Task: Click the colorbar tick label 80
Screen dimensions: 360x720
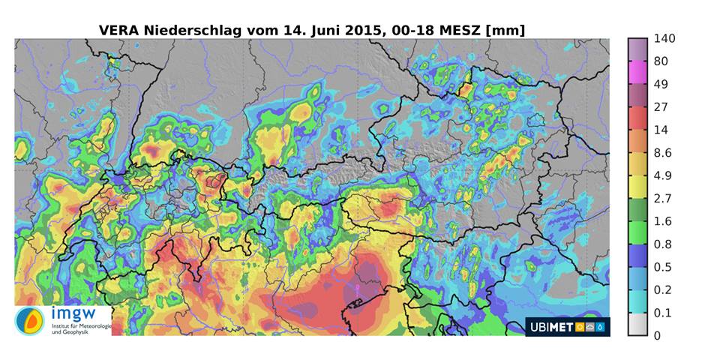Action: coord(661,61)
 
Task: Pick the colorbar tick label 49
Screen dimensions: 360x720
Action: coord(661,84)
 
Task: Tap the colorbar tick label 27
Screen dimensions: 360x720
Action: coord(661,106)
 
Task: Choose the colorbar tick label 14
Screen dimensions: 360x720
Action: coord(661,130)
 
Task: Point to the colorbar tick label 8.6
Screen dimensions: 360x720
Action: coord(663,152)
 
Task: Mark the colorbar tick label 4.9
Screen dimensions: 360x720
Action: coord(663,175)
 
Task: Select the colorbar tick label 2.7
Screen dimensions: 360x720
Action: coord(663,198)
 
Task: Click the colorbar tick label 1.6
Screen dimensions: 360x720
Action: coord(663,221)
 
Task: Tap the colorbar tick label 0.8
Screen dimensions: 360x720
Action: coord(663,244)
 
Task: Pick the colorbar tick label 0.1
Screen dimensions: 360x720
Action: coord(663,313)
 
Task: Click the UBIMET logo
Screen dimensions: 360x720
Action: coord(567,326)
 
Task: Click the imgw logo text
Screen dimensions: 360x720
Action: coord(70,313)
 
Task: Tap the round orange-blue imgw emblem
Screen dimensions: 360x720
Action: coord(30,321)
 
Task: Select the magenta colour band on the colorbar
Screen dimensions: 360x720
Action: coord(637,72)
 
